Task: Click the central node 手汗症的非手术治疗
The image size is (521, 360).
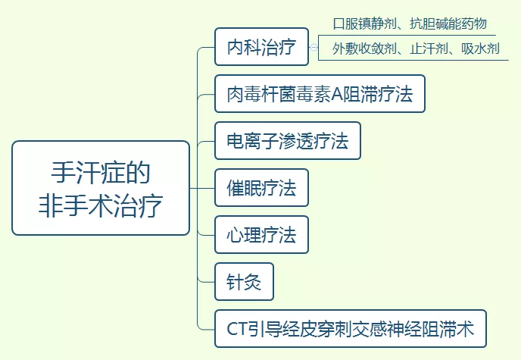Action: (101, 188)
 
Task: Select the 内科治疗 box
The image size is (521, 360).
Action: (260, 48)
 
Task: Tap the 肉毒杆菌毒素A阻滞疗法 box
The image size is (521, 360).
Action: (320, 95)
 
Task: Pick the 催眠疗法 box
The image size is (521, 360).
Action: (261, 188)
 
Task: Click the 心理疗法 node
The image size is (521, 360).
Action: (261, 235)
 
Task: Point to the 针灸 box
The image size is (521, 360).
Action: (244, 282)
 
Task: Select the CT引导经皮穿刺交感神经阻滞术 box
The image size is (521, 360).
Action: (350, 329)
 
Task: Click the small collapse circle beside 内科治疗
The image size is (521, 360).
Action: (314, 48)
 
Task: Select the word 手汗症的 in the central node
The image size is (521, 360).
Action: (101, 172)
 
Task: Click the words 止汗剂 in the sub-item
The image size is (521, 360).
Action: (427, 49)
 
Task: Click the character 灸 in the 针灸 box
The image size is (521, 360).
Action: (253, 282)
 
